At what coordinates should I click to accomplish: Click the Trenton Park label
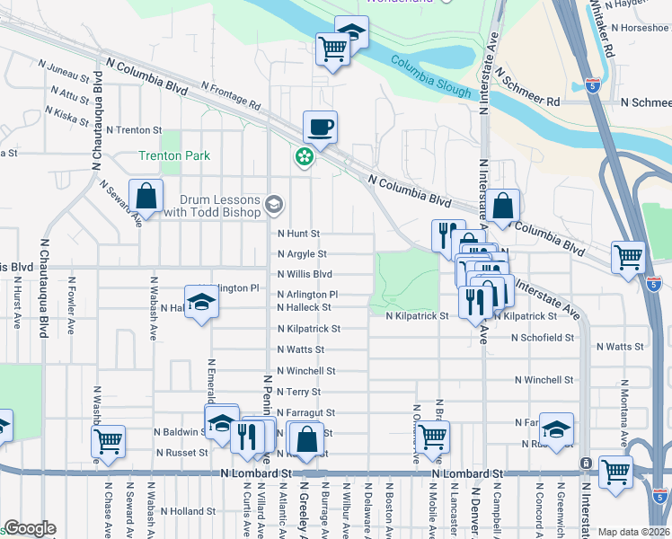pos(174,155)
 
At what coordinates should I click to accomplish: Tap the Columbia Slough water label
pos(431,78)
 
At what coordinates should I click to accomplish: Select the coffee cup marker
pos(320,128)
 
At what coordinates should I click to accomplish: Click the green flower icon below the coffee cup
pos(305,158)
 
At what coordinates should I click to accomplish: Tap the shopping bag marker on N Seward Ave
pos(145,197)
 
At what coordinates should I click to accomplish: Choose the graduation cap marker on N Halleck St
pos(201,302)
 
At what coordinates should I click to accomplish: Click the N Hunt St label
pos(299,234)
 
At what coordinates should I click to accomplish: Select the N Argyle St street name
pos(302,254)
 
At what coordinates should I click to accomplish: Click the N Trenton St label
pos(133,130)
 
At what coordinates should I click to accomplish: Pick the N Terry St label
pos(299,393)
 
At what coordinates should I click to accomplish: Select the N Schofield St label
pos(542,338)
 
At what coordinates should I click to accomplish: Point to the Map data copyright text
pos(633,532)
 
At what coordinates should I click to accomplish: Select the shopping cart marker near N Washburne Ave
pos(108,442)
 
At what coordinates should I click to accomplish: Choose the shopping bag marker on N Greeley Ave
pos(306,441)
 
